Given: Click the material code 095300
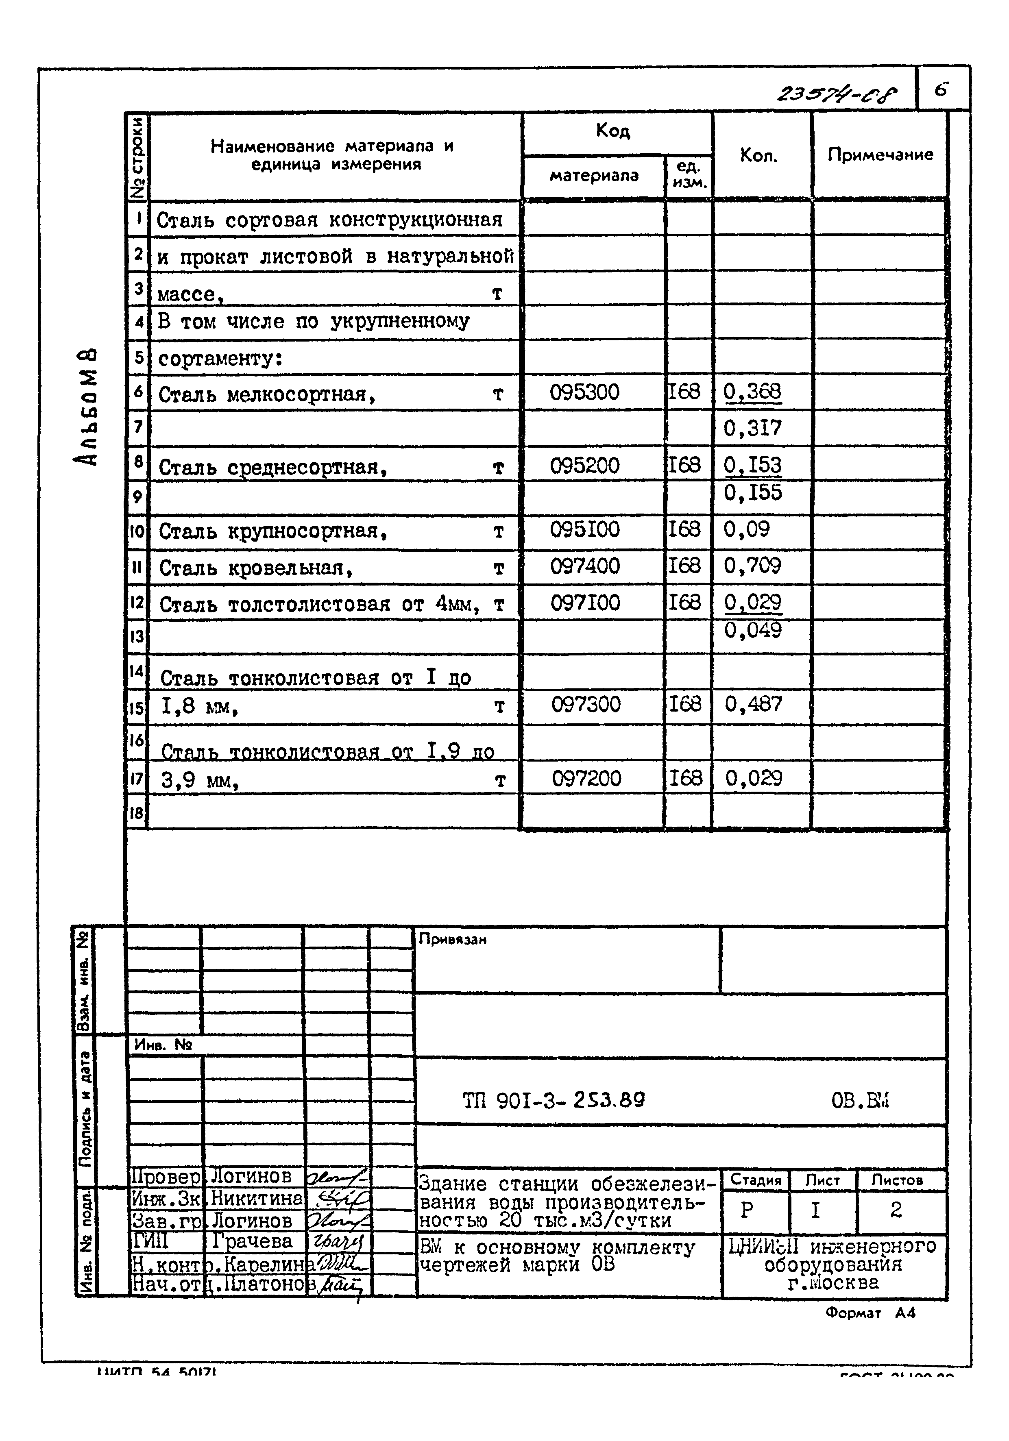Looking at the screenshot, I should tap(584, 393).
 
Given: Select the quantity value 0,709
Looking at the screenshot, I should tap(752, 566).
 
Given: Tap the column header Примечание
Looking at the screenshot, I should tap(880, 155).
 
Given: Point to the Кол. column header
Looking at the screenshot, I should tap(758, 155).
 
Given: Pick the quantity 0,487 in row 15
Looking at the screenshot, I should tap(754, 704).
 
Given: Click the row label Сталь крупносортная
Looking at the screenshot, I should tap(272, 531).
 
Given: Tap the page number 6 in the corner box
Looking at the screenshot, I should tap(941, 89).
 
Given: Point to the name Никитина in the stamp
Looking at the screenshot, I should tap(256, 1198).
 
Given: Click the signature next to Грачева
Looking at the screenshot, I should tap(337, 1241).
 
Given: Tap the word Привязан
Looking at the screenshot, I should tap(452, 940).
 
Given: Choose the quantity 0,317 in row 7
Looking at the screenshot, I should tap(752, 429).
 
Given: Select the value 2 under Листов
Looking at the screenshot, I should tap(896, 1209).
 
